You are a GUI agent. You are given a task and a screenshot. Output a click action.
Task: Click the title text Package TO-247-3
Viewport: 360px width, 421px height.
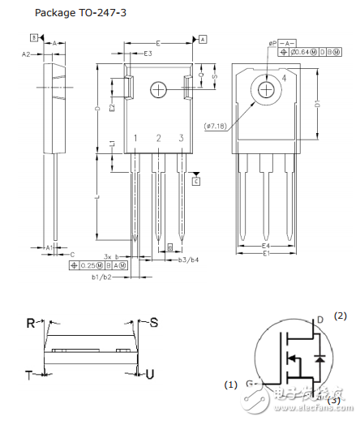click(80, 13)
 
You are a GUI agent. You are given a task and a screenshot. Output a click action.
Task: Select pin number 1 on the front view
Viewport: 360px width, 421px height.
click(135, 137)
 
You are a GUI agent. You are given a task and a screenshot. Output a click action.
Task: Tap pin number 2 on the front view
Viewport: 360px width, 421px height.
click(158, 137)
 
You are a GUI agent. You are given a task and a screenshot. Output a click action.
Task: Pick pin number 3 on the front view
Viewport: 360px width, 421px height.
click(181, 137)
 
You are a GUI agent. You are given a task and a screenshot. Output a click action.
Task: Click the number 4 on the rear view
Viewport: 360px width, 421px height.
click(283, 79)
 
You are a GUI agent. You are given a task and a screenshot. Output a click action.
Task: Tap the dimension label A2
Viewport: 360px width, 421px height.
click(27, 54)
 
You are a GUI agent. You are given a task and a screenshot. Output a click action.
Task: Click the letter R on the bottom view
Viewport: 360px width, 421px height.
click(30, 323)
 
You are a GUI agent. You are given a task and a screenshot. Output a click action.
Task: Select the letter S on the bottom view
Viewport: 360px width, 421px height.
click(153, 322)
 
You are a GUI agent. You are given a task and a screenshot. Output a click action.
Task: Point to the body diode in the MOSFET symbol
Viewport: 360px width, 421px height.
click(319, 357)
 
